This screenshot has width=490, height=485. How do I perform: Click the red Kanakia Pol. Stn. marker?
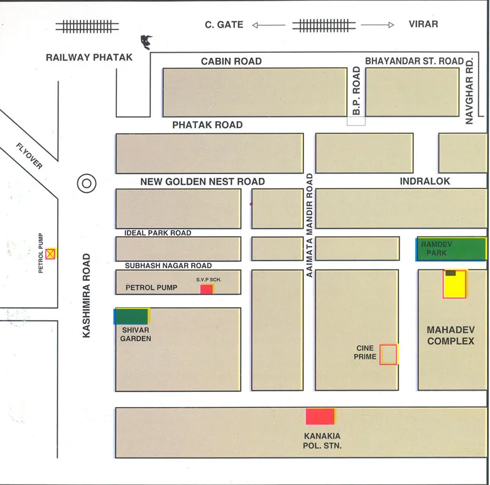[x=320, y=417]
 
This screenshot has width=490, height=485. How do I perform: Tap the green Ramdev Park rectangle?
[x=452, y=249]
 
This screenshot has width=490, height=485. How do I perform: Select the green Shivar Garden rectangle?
[x=132, y=316]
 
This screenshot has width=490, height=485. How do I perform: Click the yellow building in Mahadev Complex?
[x=455, y=284]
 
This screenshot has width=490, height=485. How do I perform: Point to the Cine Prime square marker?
[x=389, y=354]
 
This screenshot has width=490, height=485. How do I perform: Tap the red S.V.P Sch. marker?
[x=207, y=289]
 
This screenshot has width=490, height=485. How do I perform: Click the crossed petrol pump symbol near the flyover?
[x=50, y=254]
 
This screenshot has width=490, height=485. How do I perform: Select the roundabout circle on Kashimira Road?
[x=86, y=183]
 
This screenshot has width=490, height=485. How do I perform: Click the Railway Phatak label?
[x=89, y=57]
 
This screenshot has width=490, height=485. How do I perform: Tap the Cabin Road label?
[x=231, y=62]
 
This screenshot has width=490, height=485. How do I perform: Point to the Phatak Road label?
[x=207, y=125]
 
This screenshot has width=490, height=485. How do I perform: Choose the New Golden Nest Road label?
[x=202, y=182]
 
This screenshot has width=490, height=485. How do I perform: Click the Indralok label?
[x=425, y=181]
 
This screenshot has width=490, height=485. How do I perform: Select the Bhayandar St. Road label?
[x=414, y=61]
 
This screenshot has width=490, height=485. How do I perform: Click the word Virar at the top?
[x=423, y=25]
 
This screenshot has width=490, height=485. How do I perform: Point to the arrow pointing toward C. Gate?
[x=268, y=25]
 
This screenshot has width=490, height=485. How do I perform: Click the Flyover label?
[x=30, y=156]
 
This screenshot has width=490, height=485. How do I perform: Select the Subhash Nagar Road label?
[x=168, y=266]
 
